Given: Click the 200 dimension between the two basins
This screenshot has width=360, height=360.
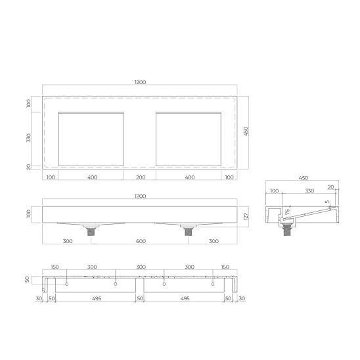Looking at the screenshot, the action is coord(141,177).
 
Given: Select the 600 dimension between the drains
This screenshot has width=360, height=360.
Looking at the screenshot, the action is coord(141,241).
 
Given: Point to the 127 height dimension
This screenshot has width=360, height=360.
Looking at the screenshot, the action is coord(246,217).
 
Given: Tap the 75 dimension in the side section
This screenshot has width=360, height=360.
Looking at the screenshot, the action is coord(287,212).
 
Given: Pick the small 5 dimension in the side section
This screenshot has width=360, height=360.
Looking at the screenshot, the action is coord(327,202).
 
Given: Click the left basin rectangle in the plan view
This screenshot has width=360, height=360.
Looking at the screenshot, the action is coord(91,139).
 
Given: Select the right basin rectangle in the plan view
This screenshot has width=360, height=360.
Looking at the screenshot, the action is coord(189,139).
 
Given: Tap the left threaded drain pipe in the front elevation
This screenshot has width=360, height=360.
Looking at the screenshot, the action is coord(91,232).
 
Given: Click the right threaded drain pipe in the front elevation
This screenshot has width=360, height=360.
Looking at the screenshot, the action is coord(189,232).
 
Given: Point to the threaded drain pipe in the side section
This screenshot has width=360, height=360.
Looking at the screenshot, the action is coord(286,230).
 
